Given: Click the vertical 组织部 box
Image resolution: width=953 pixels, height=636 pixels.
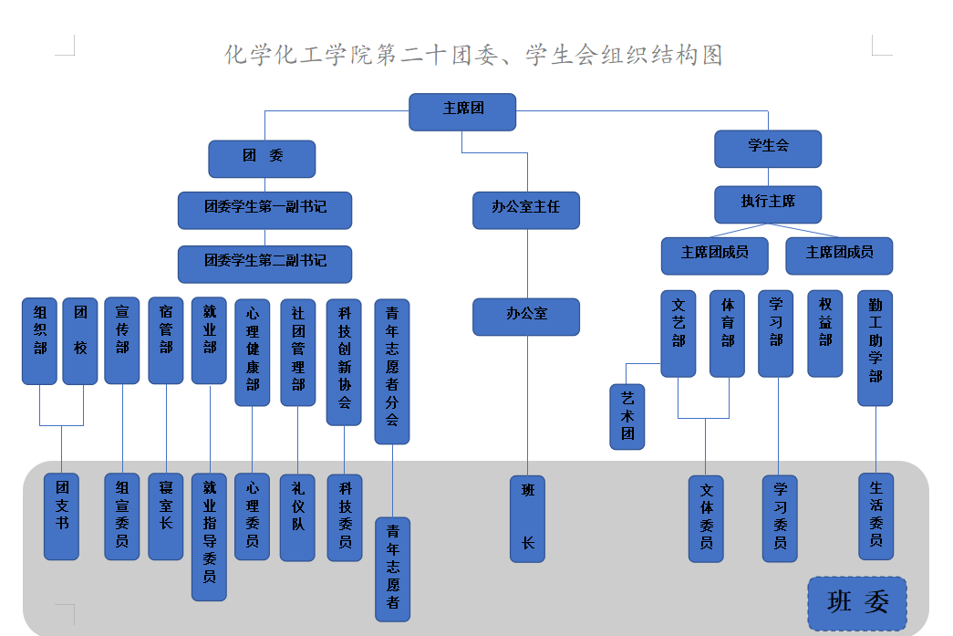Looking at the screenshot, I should (x=40, y=340).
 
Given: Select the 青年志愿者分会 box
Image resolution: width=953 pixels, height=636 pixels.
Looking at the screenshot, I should (x=392, y=371).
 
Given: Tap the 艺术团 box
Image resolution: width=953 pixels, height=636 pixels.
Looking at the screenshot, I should (x=627, y=416).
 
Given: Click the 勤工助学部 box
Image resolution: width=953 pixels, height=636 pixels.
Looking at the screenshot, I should (x=875, y=348).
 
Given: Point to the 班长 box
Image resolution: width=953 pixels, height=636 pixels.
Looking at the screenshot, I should (x=527, y=518).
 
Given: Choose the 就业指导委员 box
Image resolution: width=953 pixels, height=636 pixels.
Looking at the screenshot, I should (x=209, y=537).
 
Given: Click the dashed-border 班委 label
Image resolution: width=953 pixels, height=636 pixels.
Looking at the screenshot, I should (x=857, y=603).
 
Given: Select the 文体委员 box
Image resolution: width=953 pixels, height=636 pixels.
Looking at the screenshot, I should (x=706, y=518).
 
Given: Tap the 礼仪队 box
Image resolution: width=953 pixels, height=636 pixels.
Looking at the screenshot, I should (x=297, y=516).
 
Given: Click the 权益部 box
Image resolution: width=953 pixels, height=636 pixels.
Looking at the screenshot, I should (x=825, y=333).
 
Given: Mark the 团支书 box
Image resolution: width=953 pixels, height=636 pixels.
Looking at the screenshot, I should (x=62, y=516).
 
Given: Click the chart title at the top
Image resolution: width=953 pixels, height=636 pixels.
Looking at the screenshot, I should (x=474, y=55).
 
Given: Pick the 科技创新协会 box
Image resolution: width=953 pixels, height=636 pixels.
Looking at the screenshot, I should (x=344, y=362).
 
